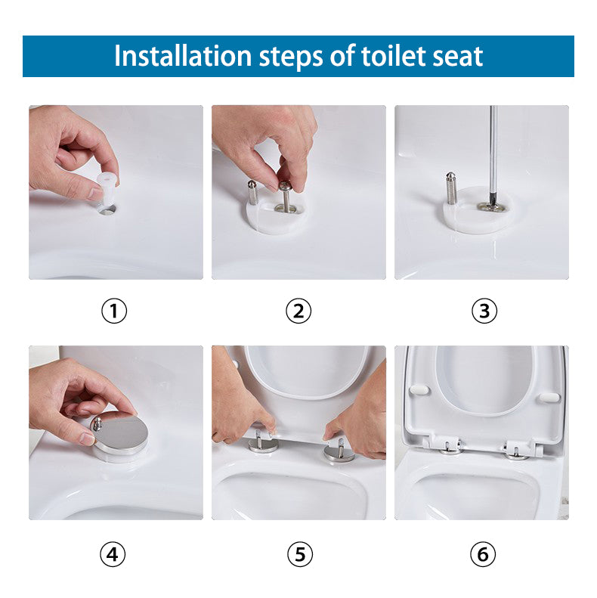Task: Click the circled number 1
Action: click(x=114, y=311)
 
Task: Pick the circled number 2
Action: click(x=298, y=311)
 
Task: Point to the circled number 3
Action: click(x=484, y=311)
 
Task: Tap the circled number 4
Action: click(x=113, y=554)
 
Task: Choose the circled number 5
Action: click(x=299, y=554)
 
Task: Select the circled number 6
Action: click(x=484, y=554)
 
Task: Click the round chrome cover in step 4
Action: click(x=122, y=435)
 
